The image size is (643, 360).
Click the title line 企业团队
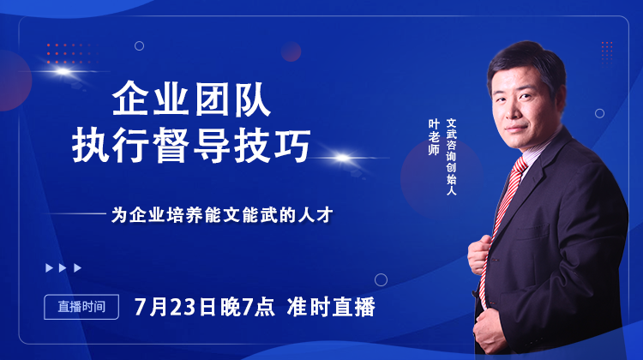(x=192, y=102)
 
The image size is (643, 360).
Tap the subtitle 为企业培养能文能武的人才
(x=221, y=215)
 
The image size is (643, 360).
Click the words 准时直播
(x=331, y=307)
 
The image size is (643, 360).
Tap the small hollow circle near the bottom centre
(x=381, y=279)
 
